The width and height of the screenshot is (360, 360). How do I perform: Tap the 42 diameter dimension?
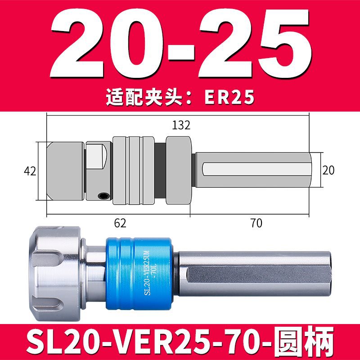click(x=29, y=171)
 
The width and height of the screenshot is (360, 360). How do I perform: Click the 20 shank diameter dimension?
click(x=328, y=170)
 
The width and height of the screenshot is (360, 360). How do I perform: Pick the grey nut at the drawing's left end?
click(x=65, y=171)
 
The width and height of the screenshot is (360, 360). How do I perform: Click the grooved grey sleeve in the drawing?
click(x=134, y=171)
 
